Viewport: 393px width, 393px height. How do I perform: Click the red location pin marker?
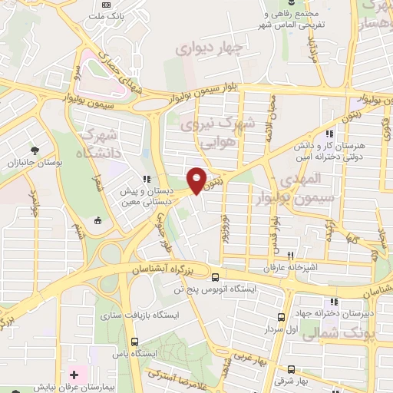(197, 180)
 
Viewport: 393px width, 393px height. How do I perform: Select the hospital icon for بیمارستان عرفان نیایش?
(74, 375)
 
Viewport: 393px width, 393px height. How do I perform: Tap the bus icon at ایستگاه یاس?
(135, 342)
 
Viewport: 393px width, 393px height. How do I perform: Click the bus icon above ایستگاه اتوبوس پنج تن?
(214, 276)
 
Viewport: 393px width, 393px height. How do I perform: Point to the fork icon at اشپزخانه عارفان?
(291, 256)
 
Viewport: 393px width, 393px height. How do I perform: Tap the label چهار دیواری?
(208, 49)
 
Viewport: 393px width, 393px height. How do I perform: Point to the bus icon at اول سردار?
(281, 316)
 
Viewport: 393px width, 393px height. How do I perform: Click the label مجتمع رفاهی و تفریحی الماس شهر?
(295, 20)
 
